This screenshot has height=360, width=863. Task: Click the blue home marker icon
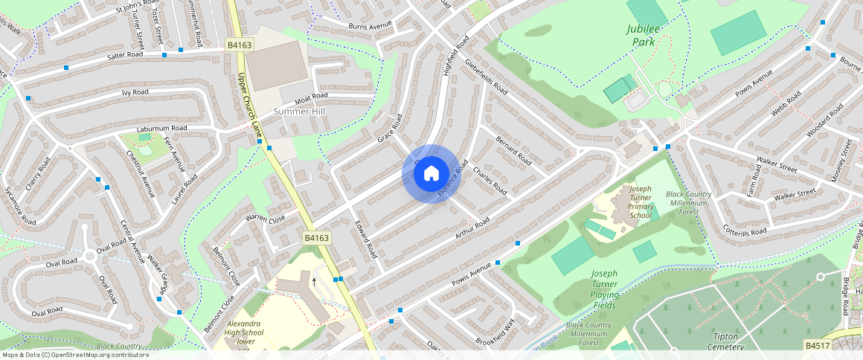coord(431,174)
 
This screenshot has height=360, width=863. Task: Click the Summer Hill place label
coord(300,112)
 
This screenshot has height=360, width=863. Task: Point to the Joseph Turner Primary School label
coord(630,202)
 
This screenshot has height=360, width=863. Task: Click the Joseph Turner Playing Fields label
coord(604,284)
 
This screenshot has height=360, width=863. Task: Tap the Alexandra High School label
coord(244,333)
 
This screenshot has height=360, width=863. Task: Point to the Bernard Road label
coord(513,150)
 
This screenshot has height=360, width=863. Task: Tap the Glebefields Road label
coord(486,77)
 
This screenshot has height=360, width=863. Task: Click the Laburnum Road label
coord(161,129)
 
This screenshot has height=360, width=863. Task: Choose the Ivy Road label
coord(135,93)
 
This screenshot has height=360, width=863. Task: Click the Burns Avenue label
coord(370,25)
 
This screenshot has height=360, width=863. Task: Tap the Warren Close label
coord(265,219)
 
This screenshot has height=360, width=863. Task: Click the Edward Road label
coord(366,239)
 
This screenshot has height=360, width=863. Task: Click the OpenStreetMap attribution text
coord(74,355)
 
